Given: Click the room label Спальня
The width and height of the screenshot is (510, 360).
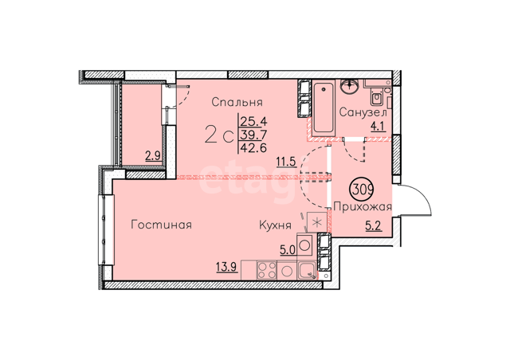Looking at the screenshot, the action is tap(237, 102).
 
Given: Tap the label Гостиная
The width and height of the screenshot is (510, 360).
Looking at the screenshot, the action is tap(161, 225).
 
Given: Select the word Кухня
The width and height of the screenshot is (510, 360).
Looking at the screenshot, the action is tap(275, 225).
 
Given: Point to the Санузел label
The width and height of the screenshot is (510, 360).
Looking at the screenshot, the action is tap(363, 112).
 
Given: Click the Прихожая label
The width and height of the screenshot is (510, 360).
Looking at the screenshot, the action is tap(363, 206).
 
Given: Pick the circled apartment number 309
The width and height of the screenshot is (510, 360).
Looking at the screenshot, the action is tap(361, 189).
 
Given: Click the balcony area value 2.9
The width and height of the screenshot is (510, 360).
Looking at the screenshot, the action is tap(153, 156).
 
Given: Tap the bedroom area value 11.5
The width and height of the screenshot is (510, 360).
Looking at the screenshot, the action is tap(287, 162).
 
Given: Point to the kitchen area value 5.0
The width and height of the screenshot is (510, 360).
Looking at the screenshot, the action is tap(288, 250).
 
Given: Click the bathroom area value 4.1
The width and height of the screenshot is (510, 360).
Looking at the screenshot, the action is tap(379, 126).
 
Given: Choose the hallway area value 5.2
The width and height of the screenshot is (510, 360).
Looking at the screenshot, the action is tap(374, 225).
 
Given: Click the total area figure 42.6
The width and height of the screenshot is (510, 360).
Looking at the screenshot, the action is tap(253, 147).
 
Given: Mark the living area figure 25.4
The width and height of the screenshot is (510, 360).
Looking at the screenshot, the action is tap(253, 122).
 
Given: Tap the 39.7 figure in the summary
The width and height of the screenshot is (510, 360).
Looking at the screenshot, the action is tap(253, 134).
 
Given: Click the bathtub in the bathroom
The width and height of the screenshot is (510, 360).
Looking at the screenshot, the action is tap(323, 108).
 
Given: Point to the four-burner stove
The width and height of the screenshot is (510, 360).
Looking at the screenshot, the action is tap(267, 270).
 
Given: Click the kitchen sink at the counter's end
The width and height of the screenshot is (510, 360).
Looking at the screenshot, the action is tap(307, 270).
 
